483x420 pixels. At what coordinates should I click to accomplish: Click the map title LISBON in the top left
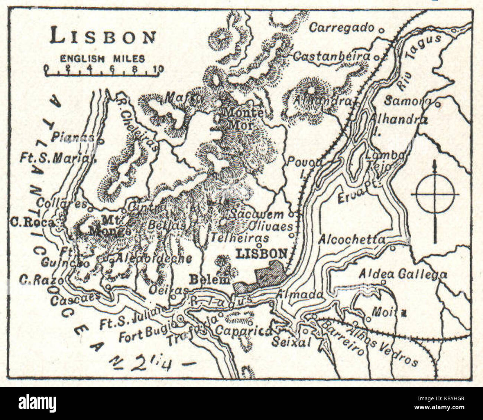pos(103,37)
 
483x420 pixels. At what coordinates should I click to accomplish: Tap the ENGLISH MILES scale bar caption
pos(103,59)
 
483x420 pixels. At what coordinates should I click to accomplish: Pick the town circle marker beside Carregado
pos(380,29)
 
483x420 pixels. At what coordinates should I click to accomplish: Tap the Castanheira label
pos(331,56)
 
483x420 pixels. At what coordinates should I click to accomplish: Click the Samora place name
pos(407,101)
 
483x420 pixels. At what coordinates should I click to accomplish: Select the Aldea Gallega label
pos(403,274)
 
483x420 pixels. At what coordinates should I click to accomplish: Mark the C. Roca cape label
pos(32,223)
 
